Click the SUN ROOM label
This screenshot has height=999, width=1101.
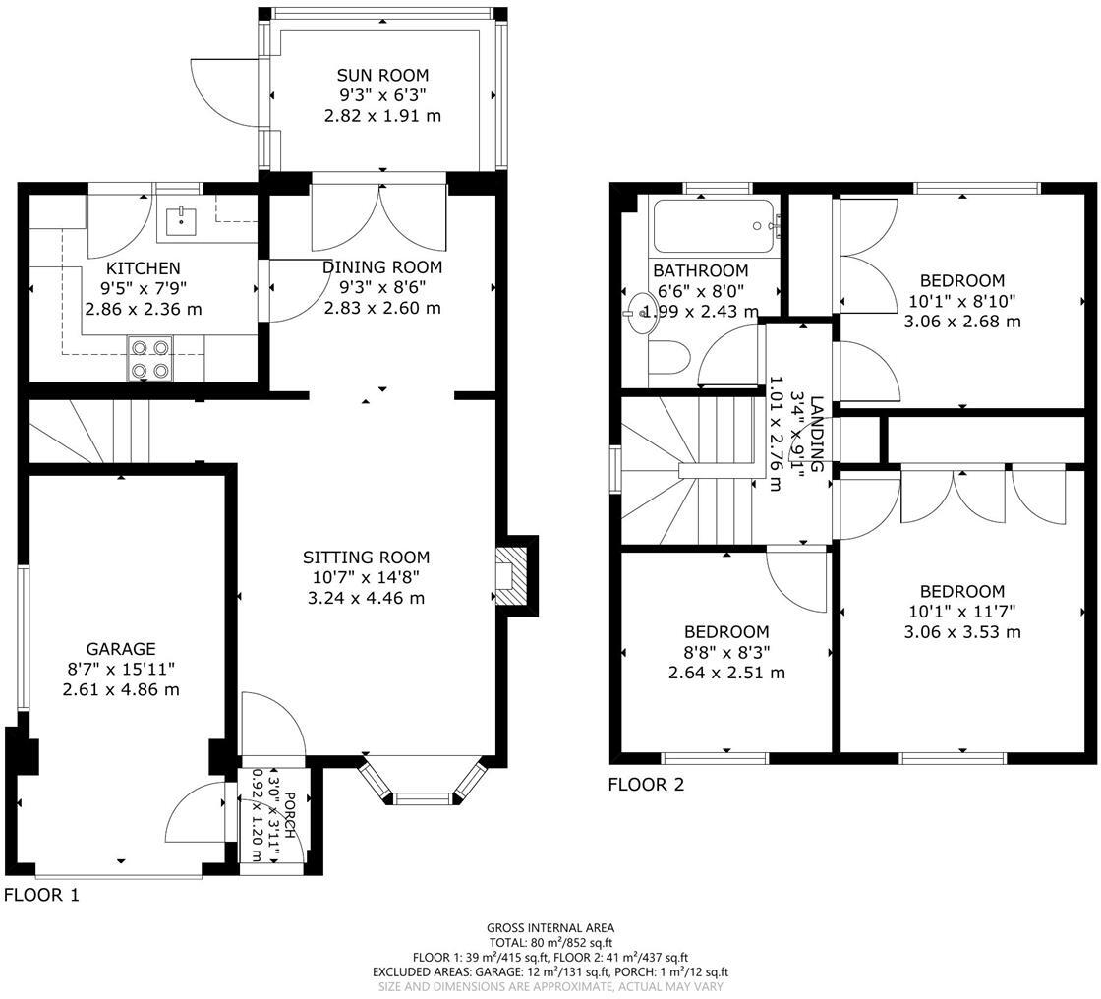382,75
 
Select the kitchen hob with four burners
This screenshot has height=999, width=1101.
148,359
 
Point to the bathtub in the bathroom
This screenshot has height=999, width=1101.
714,227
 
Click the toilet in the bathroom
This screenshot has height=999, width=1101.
668,361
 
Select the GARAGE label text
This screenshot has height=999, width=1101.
121,649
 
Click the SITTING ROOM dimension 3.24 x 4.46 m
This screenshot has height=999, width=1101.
368,598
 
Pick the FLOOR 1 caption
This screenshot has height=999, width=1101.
41,895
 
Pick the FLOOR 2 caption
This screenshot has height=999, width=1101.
645,784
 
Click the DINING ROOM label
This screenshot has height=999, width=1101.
382,267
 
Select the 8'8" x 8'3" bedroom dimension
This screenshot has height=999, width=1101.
726,652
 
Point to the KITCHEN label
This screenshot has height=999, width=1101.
144,268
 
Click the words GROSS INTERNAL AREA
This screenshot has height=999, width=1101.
550,927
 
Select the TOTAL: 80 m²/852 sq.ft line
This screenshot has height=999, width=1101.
550,942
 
